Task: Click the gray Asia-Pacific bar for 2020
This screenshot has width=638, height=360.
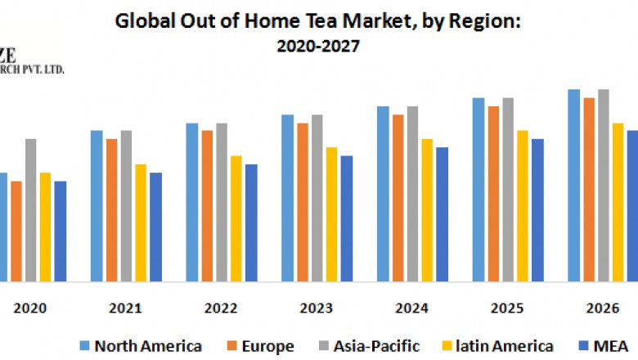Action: [x=30, y=209]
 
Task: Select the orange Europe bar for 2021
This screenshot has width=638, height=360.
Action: [x=111, y=209]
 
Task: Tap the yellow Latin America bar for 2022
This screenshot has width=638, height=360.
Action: [x=236, y=218]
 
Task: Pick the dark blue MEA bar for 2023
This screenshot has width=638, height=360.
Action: [x=347, y=218]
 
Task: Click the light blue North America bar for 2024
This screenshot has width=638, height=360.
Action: [x=383, y=193]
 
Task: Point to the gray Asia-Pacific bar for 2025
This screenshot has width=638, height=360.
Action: [x=508, y=189]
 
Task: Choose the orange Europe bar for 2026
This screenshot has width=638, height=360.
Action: [x=588, y=189]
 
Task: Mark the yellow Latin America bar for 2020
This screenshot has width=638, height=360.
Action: [x=45, y=227]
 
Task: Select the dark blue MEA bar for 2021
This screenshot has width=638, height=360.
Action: [x=155, y=227]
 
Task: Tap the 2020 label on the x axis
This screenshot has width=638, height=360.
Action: [x=30, y=308]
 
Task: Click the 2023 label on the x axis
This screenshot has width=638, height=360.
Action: [x=316, y=308]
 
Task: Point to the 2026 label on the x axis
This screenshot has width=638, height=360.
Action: [x=602, y=308]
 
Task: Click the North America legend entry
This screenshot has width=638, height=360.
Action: [x=139, y=346]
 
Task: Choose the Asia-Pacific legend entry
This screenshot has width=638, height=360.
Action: [x=377, y=346]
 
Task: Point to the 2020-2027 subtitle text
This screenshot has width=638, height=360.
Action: [x=318, y=47]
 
